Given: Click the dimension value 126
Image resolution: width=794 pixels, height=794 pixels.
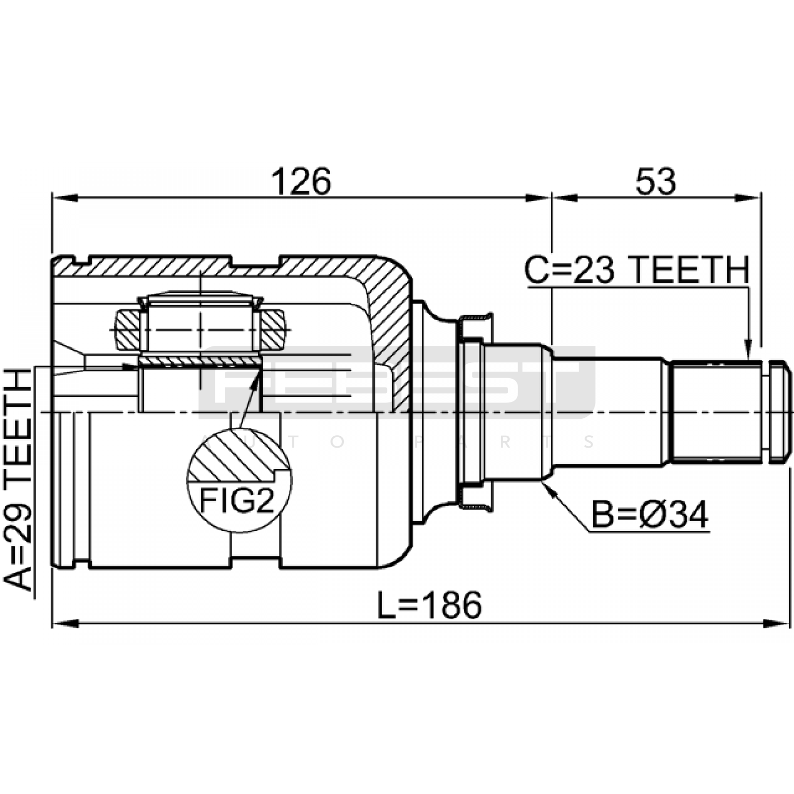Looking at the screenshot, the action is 301,182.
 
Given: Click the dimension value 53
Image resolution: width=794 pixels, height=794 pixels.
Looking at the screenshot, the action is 656,182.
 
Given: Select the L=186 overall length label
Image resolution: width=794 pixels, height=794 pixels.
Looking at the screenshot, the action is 429,605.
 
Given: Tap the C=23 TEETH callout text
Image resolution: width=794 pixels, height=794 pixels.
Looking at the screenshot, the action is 637,270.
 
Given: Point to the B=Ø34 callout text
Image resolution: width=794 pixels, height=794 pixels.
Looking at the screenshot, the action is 650,515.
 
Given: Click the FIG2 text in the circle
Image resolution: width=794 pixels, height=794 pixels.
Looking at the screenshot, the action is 237,501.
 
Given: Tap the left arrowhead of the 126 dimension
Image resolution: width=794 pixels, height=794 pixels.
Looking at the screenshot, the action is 65,198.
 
